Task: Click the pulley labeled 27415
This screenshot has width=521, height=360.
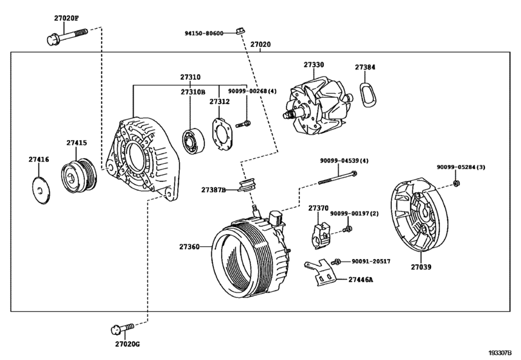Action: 79,175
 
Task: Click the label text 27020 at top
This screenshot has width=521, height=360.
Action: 260,46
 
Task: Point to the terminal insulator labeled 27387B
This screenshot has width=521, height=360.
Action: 245,187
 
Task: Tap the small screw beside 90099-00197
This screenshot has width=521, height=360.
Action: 347,228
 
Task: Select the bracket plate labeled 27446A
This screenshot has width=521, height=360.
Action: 321,271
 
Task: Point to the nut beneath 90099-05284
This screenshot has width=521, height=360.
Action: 455,183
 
